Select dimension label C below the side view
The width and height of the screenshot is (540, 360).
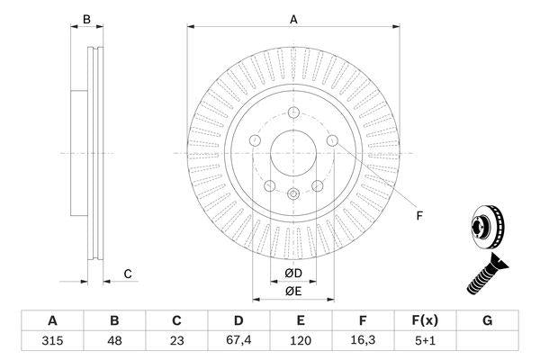[128, 273]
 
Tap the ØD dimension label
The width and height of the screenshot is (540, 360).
[293, 273]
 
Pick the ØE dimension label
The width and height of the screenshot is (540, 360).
[293, 290]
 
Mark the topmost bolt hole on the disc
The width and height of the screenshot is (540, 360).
[293, 113]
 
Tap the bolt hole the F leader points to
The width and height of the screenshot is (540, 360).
[332, 141]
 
